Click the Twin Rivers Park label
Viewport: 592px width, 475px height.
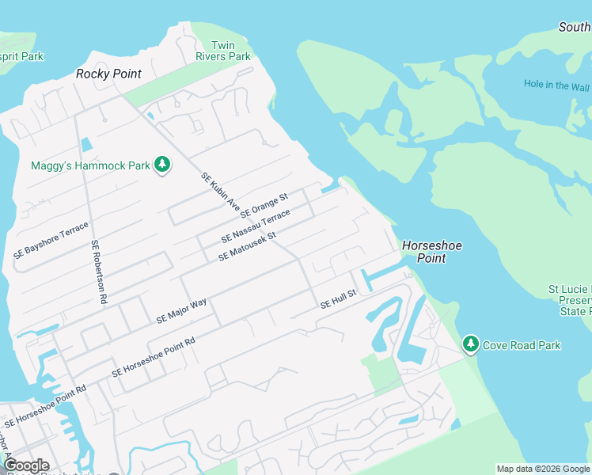coord(223,51)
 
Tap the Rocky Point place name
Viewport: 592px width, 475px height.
coord(108,74)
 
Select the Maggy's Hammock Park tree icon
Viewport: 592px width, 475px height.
coord(162,165)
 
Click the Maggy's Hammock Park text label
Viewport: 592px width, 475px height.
coord(90,166)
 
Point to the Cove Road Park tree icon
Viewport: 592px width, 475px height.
coord(471,344)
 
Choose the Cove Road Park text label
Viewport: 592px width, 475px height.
coord(522,345)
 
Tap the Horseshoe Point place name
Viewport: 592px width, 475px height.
coord(431,252)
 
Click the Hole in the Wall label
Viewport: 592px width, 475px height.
coord(557,85)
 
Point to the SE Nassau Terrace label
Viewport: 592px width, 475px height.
coord(256,226)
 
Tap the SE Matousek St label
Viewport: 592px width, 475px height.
coord(246,246)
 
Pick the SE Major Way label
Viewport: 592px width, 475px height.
coord(181,310)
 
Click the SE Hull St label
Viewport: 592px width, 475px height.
coord(339,298)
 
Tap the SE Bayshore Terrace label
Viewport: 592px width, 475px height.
coord(51,241)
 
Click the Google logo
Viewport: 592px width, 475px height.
coord(26,465)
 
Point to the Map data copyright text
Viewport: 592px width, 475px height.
coord(543,469)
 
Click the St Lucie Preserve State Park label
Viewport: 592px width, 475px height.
coord(570,301)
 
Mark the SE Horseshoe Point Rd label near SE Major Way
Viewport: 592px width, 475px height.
coord(154,357)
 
